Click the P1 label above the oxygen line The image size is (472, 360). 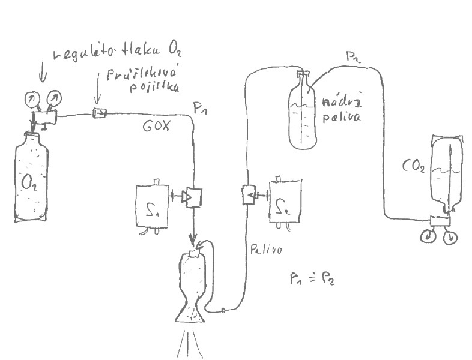[x=201, y=108]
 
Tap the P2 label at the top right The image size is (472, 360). [x=352, y=57]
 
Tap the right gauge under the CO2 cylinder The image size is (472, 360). [x=450, y=237]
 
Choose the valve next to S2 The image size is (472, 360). [x=247, y=194]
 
